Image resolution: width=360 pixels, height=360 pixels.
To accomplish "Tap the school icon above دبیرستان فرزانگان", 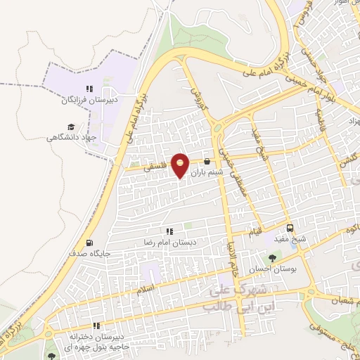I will (89, 89).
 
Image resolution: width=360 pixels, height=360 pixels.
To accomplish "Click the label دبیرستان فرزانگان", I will (89, 101).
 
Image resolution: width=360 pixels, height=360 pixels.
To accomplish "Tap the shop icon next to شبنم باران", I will (206, 161).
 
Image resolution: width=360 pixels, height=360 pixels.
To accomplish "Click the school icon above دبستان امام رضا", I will (169, 231).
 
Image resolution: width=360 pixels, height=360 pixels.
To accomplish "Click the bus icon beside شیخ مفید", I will (290, 228).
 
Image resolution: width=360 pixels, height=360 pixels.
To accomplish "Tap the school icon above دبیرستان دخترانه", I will (96, 326).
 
